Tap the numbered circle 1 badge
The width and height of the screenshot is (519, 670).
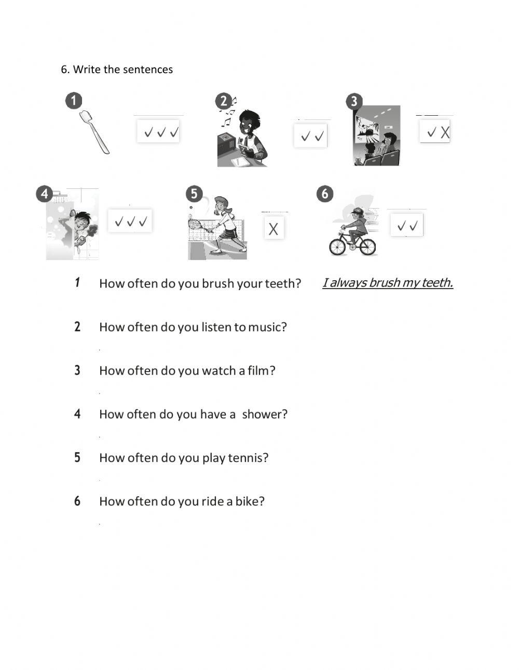pyautogui.click(x=74, y=101)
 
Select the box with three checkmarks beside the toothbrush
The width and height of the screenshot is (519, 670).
pyautogui.click(x=158, y=132)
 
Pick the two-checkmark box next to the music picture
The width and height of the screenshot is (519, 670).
pyautogui.click(x=310, y=136)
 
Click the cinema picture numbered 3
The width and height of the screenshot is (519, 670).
pyautogui.click(x=377, y=136)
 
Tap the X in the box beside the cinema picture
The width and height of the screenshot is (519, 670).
pyautogui.click(x=445, y=133)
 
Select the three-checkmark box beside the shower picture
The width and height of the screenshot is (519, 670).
pyautogui.click(x=130, y=221)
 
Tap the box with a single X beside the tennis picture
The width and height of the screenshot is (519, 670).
pyautogui.click(x=274, y=228)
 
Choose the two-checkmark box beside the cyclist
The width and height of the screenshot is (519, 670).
pyautogui.click(x=407, y=226)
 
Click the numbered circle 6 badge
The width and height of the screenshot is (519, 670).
pyautogui.click(x=325, y=194)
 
